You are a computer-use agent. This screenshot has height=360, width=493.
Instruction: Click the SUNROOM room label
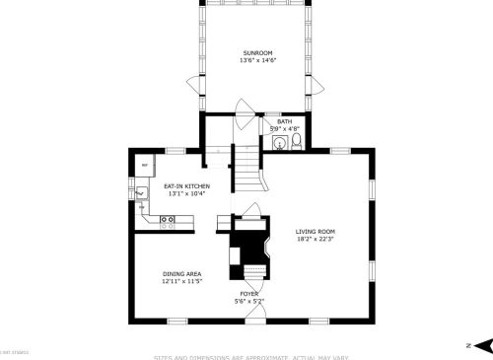(x=257, y=52)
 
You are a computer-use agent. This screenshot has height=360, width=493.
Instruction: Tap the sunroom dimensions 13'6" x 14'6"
(x=257, y=60)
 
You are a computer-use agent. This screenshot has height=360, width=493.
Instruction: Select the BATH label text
(x=284, y=121)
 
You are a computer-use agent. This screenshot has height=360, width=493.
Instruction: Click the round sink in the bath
(x=278, y=144)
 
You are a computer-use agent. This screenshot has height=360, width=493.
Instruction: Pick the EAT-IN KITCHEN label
(x=186, y=185)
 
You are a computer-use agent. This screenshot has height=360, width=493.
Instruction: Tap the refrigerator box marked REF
(x=145, y=165)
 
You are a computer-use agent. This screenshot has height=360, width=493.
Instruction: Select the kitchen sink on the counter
(x=141, y=194)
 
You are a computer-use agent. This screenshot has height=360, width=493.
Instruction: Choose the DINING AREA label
(x=181, y=273)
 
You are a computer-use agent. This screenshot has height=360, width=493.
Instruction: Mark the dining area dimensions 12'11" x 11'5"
(x=181, y=281)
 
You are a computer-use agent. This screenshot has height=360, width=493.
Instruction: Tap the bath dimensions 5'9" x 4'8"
(x=284, y=129)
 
